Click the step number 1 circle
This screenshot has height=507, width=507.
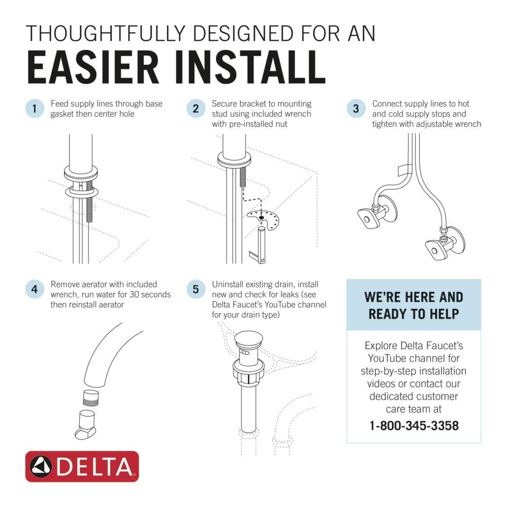(34, 108)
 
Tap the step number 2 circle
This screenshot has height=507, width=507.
(195, 108)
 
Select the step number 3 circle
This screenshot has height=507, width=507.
(356, 108)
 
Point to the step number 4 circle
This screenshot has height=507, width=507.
(34, 289)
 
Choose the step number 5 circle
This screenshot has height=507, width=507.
(195, 289)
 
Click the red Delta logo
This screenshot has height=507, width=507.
(82, 466)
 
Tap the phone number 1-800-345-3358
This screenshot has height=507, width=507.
(414, 425)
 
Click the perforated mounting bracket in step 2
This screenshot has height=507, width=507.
(264, 220)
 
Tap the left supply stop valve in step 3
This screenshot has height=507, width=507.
(368, 216)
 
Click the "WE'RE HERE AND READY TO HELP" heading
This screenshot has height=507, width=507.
(414, 305)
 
